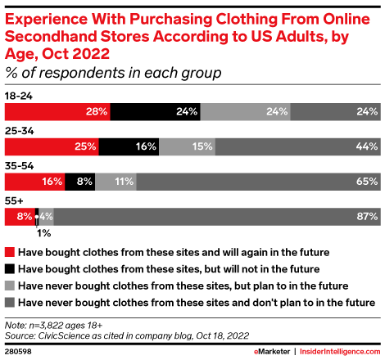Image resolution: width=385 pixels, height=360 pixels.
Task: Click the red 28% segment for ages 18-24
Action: [57, 111]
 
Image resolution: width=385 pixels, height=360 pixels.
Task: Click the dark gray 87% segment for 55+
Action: [216, 217]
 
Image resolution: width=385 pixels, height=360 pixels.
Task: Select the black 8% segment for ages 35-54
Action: [82, 182]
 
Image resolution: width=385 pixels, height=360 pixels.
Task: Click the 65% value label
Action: [366, 182]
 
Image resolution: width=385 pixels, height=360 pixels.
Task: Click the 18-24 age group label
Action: [19, 95]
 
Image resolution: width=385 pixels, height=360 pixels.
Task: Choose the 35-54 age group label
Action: [19, 165]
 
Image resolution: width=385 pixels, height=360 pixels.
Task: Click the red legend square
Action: [9, 252]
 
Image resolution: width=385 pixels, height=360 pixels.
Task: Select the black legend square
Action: [9, 268]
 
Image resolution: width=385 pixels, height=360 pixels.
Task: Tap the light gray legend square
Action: [9, 284]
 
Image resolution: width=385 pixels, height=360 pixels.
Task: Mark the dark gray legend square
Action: [9, 300]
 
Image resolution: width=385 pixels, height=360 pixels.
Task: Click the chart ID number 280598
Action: [19, 350]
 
